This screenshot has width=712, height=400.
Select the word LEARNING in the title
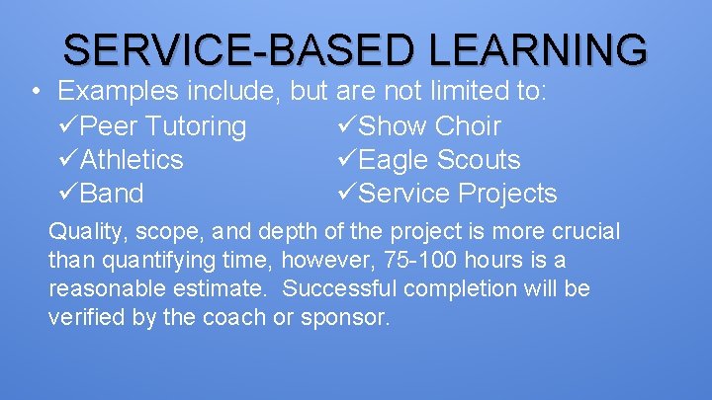pyautogui.click(x=539, y=48)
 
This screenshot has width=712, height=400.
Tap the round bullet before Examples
pyautogui.click(x=35, y=93)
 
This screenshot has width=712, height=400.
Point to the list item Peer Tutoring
pyautogui.click(x=163, y=126)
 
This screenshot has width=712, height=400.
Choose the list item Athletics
pyautogui.click(x=132, y=160)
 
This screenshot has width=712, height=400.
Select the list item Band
pyautogui.click(x=112, y=194)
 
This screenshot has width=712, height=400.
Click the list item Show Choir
pyautogui.click(x=429, y=126)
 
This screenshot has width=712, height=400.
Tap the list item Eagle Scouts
pyautogui.click(x=439, y=160)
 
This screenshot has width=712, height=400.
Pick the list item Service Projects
pyautogui.click(x=457, y=194)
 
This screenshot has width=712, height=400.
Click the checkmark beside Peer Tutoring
pyautogui.click(x=68, y=126)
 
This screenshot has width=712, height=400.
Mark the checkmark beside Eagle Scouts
pyautogui.click(x=346, y=160)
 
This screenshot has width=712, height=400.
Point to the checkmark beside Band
pyautogui.click(x=68, y=194)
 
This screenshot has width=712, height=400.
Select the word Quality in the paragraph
pyautogui.click(x=83, y=233)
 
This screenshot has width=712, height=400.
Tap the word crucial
pyautogui.click(x=587, y=232)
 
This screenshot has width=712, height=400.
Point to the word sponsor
pyautogui.click(x=352, y=318)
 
